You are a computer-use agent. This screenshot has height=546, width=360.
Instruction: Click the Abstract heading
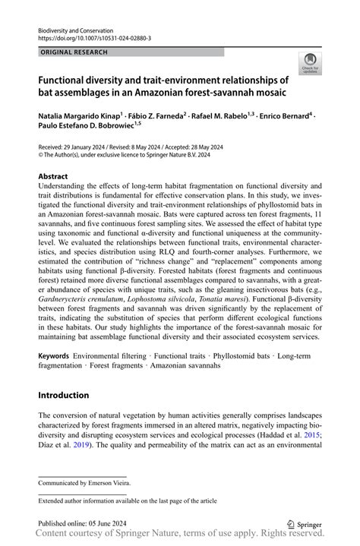(x=57, y=176)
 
